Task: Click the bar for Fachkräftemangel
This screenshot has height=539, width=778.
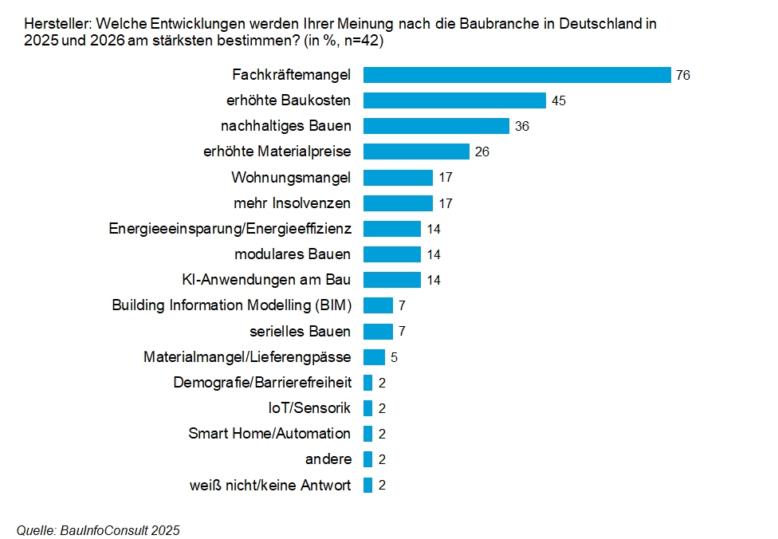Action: coord(517,75)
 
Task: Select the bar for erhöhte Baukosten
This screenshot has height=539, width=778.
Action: coord(454,100)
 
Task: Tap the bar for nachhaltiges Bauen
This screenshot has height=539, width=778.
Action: coord(436,126)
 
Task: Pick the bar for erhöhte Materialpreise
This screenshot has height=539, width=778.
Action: coord(416,151)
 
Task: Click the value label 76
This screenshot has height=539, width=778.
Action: coord(682,76)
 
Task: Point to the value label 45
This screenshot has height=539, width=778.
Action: coord(558,101)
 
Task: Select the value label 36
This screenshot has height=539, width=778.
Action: coord(521,127)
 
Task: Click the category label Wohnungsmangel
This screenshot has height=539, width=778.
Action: coord(291,177)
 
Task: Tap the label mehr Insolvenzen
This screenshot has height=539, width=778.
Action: coord(292,203)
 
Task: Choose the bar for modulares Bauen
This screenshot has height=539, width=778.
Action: coord(391,254)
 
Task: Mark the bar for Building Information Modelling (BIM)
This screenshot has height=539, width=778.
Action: coord(378,305)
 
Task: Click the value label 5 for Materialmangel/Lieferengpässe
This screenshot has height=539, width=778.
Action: coord(394,357)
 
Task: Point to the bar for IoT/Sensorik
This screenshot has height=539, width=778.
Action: coord(367,408)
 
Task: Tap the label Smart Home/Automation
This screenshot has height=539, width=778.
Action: coord(269,434)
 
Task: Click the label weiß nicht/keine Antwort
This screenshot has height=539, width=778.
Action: coord(269,485)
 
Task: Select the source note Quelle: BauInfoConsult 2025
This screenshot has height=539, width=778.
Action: coord(98,530)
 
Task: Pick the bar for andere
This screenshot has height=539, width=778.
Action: coord(367,459)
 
